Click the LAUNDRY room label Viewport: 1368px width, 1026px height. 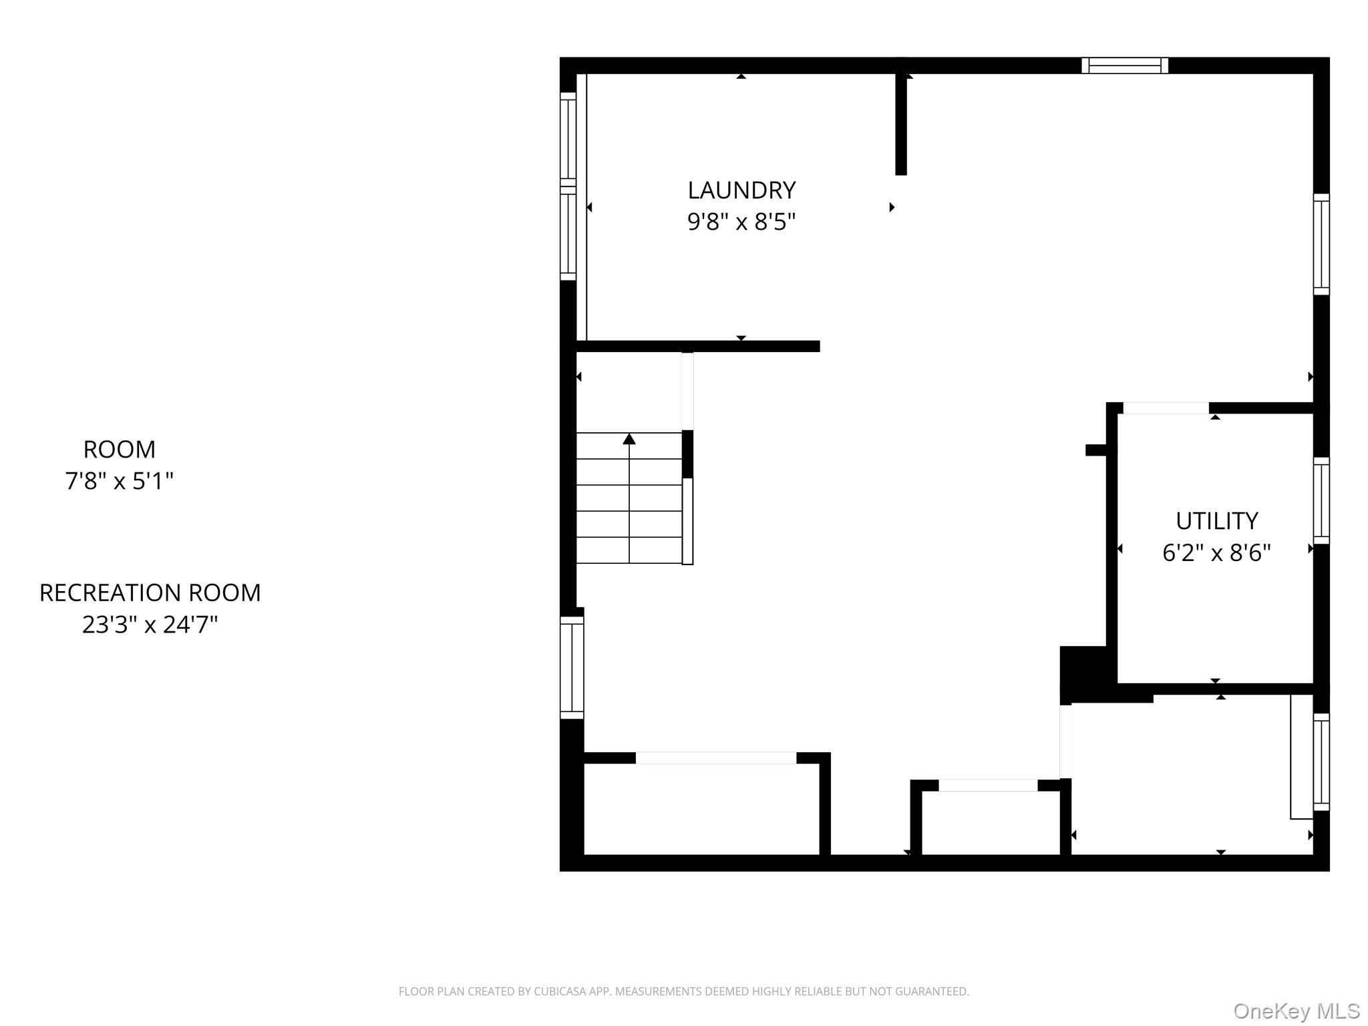pyautogui.click(x=741, y=190)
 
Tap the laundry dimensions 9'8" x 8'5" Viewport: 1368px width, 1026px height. pyautogui.click(x=741, y=222)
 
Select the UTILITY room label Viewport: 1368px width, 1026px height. pyautogui.click(x=1216, y=521)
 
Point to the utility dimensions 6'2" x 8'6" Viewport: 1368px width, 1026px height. pyautogui.click(x=1216, y=553)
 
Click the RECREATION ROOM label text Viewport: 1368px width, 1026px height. pyautogui.click(x=150, y=593)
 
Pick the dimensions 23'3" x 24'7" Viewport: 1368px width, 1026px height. pyautogui.click(x=150, y=625)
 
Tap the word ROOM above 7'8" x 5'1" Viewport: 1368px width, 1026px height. pyautogui.click(x=120, y=450)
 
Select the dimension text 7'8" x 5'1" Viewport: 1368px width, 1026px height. pyautogui.click(x=120, y=481)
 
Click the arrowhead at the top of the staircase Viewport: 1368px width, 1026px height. pyautogui.click(x=629, y=439)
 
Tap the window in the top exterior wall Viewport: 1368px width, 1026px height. pyautogui.click(x=1125, y=65)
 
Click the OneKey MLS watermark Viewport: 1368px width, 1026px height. pyautogui.click(x=1297, y=1011)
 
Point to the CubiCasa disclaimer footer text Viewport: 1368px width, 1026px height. pyautogui.click(x=684, y=991)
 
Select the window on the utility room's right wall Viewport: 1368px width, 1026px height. pyautogui.click(x=1321, y=501)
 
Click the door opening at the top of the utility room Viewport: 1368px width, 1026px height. pyautogui.click(x=1166, y=408)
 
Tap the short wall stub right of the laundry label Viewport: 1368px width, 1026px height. pyautogui.click(x=901, y=124)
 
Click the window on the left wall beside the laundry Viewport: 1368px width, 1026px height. pyautogui.click(x=568, y=186)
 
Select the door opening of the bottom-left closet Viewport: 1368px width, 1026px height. pyautogui.click(x=715, y=758)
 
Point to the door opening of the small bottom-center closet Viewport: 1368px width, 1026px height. pyautogui.click(x=988, y=786)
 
